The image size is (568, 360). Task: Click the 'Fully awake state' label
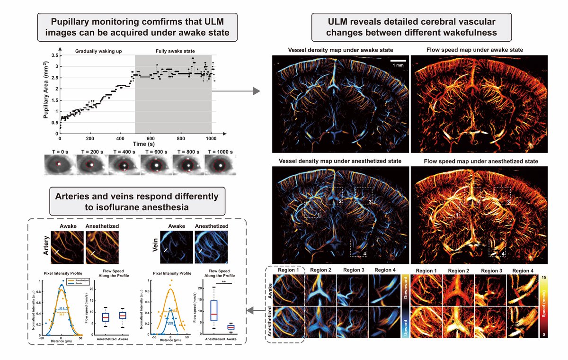pos(173,51)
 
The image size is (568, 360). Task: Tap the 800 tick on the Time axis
pos(180,139)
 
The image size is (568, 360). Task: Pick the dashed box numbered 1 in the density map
pos(313,208)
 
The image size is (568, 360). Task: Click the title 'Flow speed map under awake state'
pos(475,50)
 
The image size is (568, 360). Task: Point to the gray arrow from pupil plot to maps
pos(237,90)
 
